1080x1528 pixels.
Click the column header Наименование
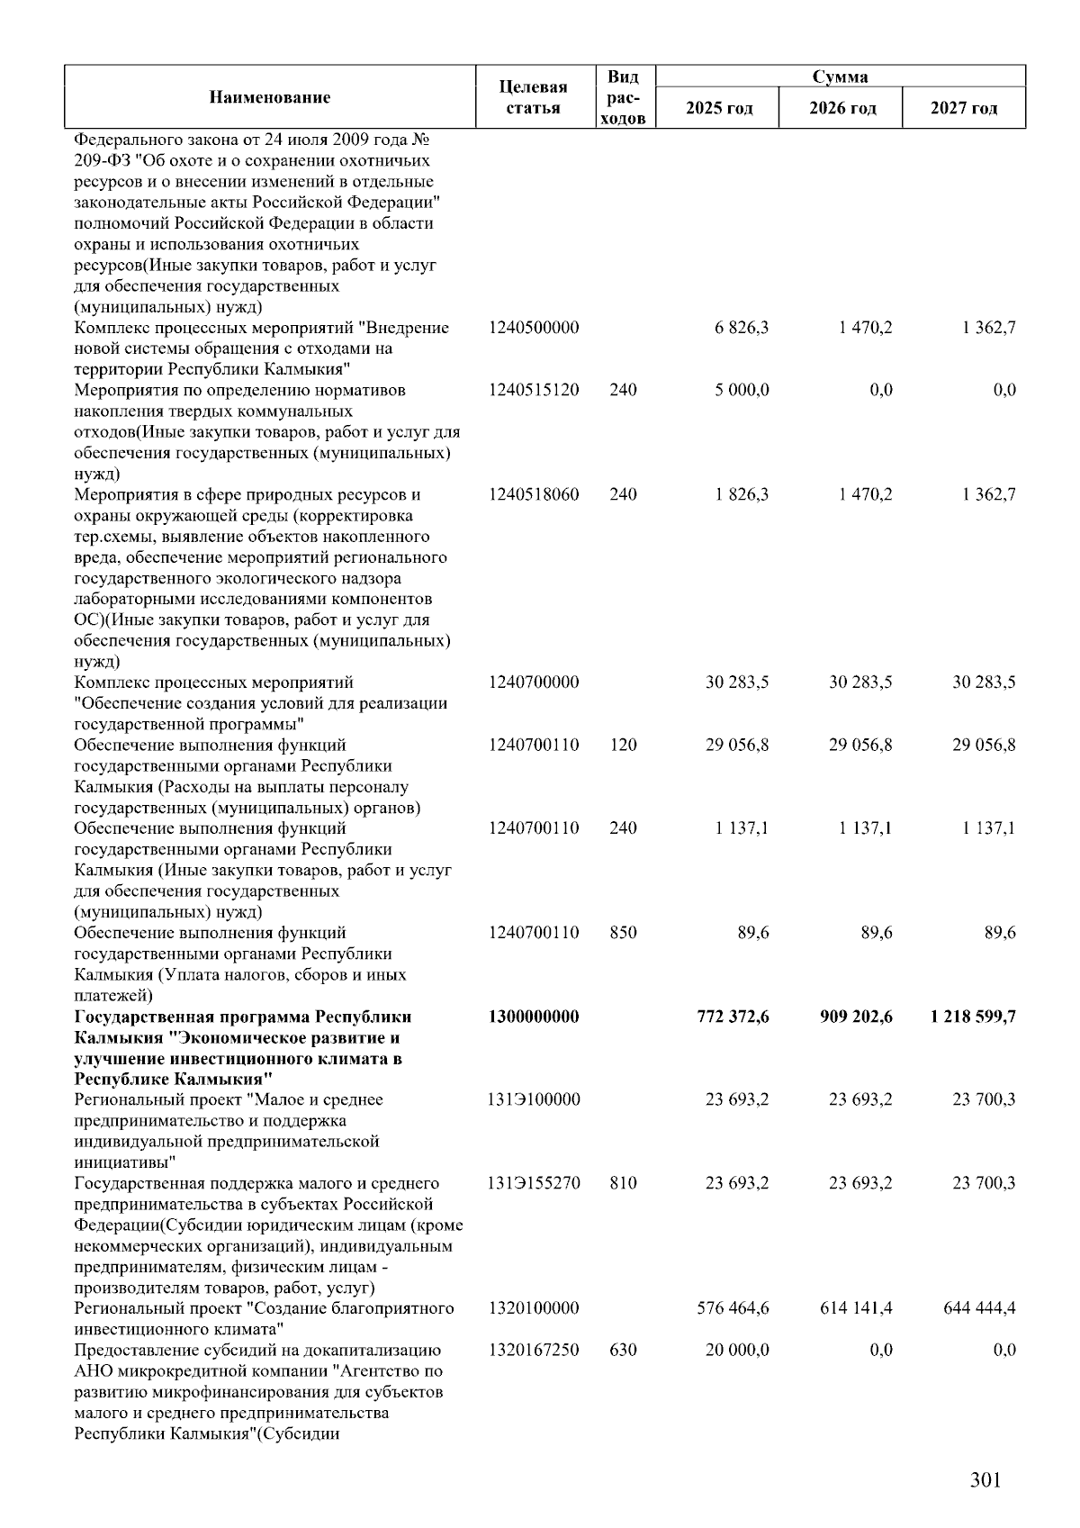click(x=269, y=97)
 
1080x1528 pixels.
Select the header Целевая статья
click(x=534, y=97)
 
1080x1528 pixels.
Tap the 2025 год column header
click(x=718, y=109)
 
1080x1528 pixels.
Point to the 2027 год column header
click(x=964, y=109)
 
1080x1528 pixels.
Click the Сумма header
click(x=840, y=77)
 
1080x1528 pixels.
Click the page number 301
click(x=985, y=1480)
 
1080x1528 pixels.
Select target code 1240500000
click(x=534, y=328)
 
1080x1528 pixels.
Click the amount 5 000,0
click(x=742, y=390)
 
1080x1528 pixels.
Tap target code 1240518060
click(x=534, y=494)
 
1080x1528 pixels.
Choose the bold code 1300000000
click(x=534, y=1017)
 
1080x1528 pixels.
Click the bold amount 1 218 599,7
click(x=973, y=1017)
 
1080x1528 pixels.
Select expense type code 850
click(x=623, y=933)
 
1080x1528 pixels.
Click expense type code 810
click(x=623, y=1183)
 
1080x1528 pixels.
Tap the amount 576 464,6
click(x=733, y=1307)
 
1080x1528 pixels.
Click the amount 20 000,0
click(x=736, y=1350)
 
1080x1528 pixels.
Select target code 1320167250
click(x=534, y=1350)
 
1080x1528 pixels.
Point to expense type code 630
click(x=623, y=1350)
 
